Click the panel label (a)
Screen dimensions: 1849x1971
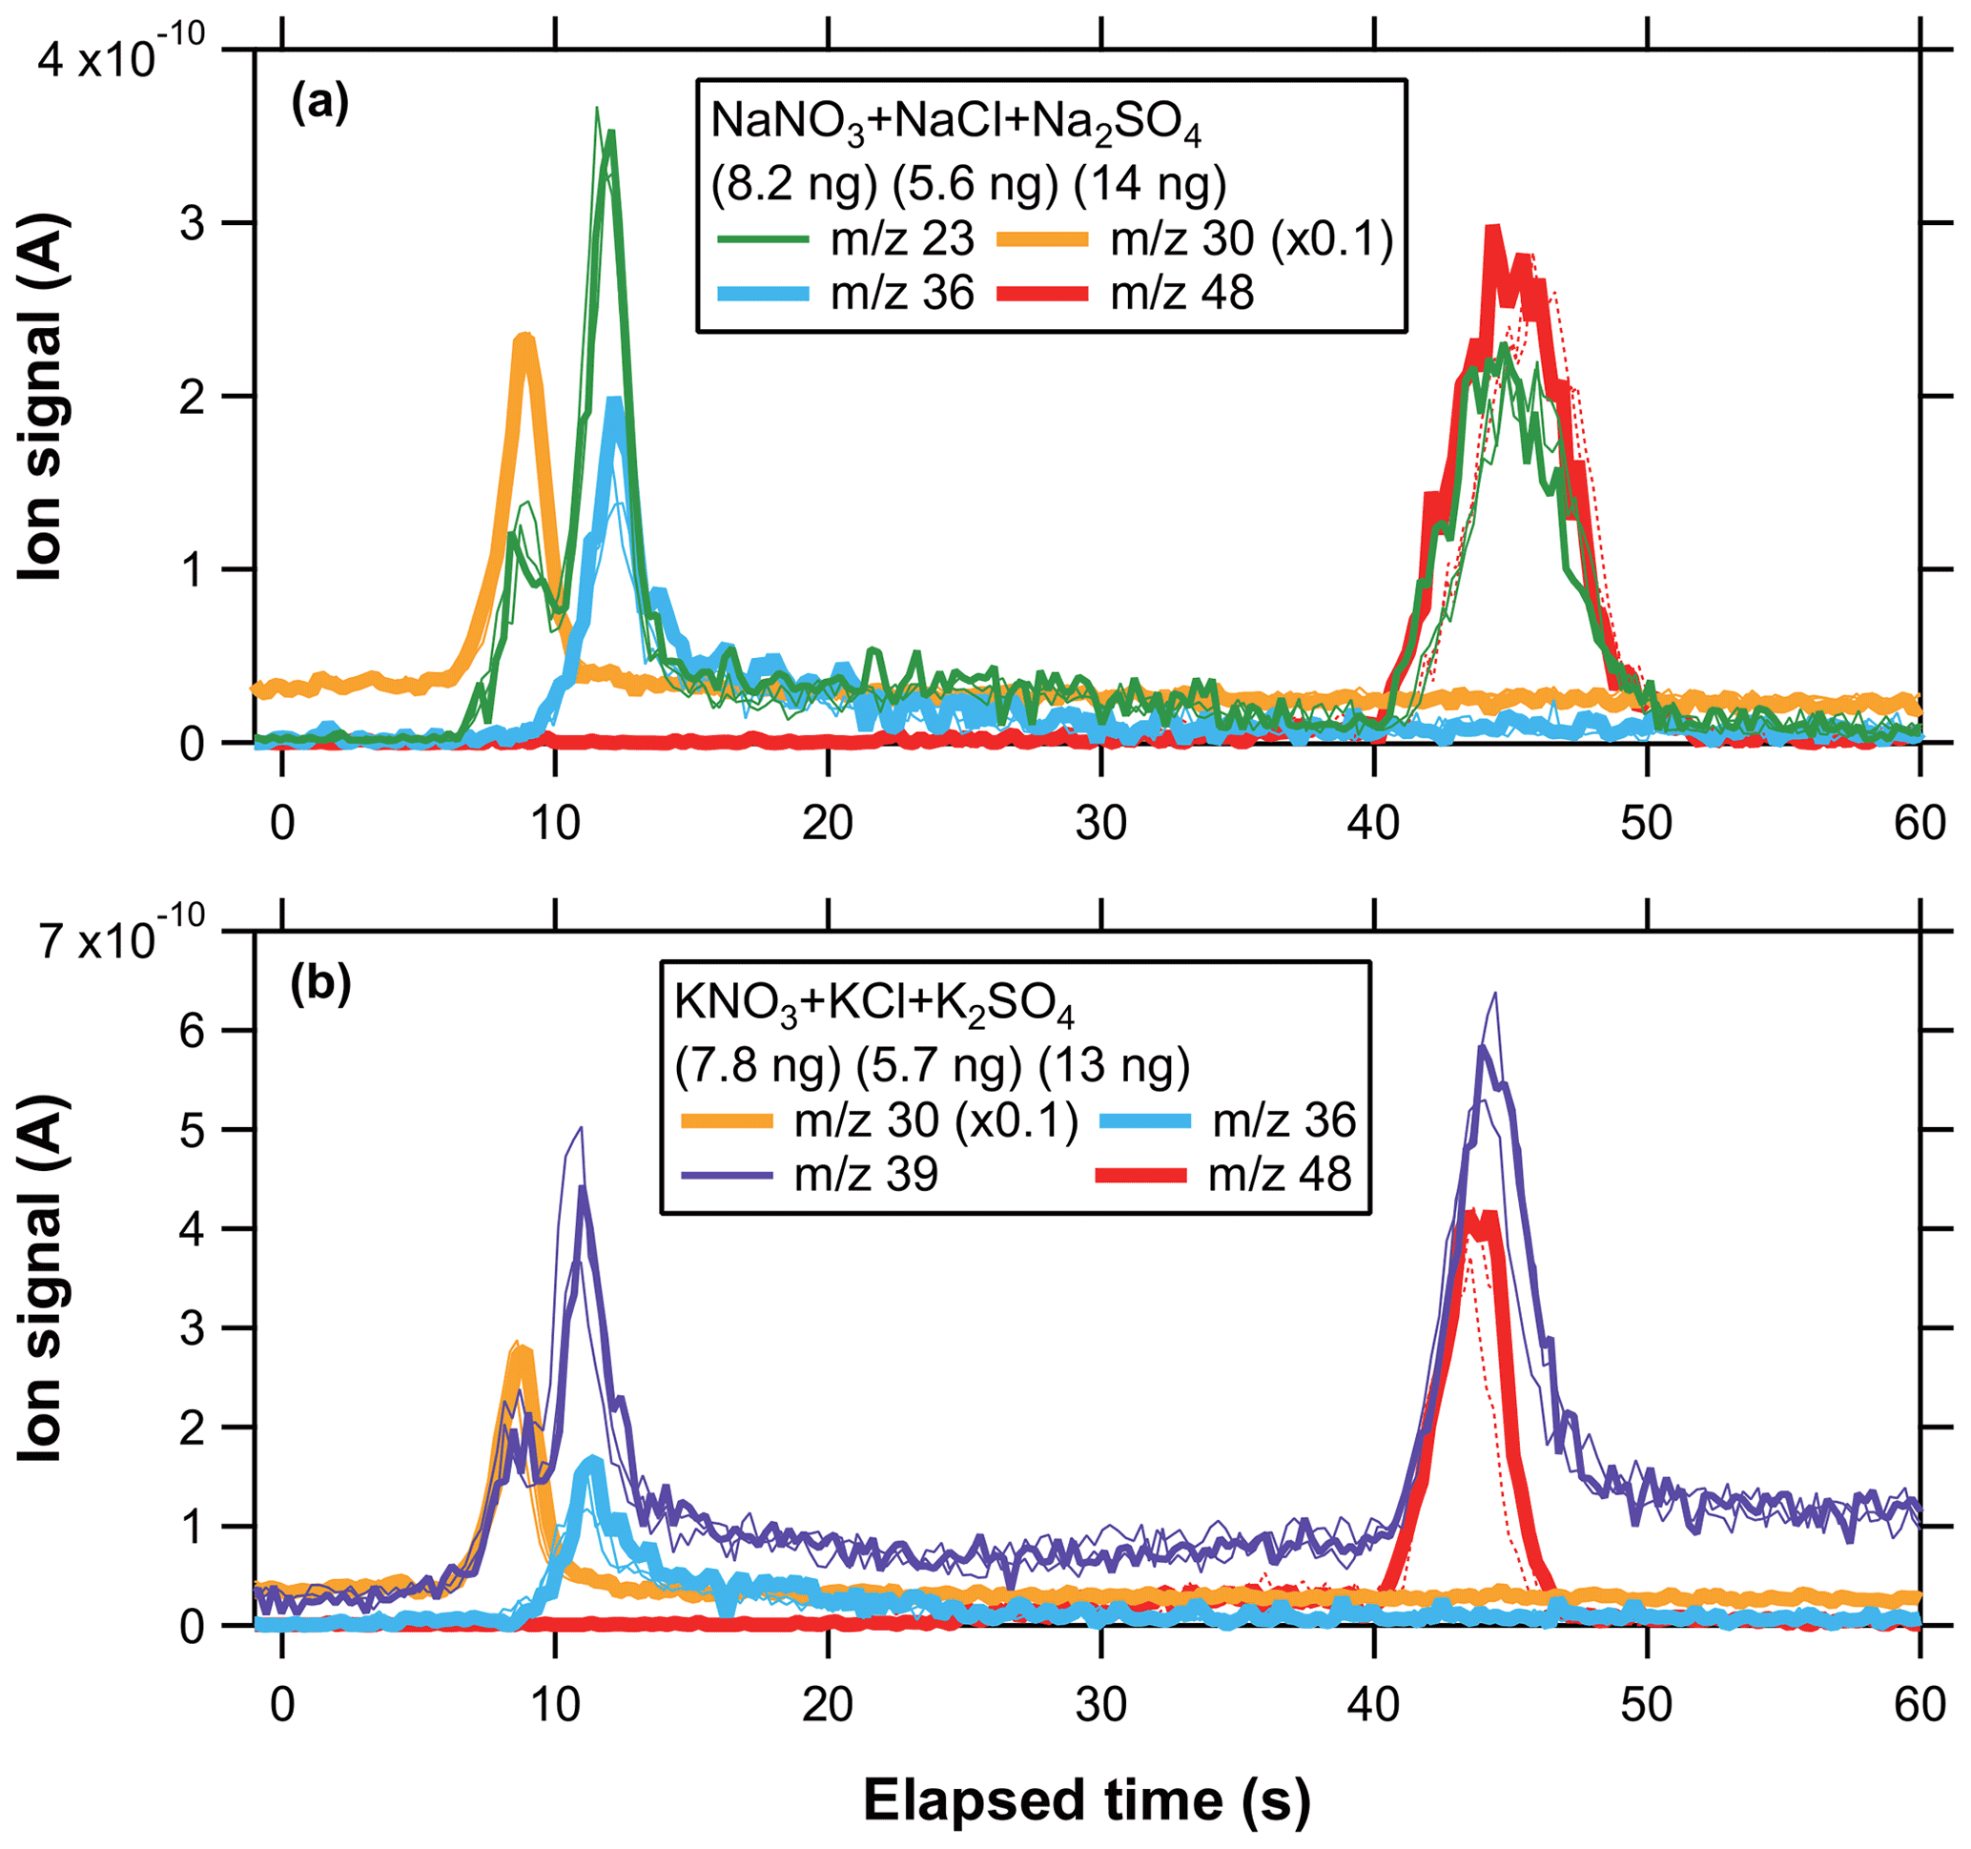(319, 104)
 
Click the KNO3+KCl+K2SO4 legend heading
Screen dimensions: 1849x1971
(873, 1005)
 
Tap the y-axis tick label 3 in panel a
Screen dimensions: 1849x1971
(193, 224)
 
